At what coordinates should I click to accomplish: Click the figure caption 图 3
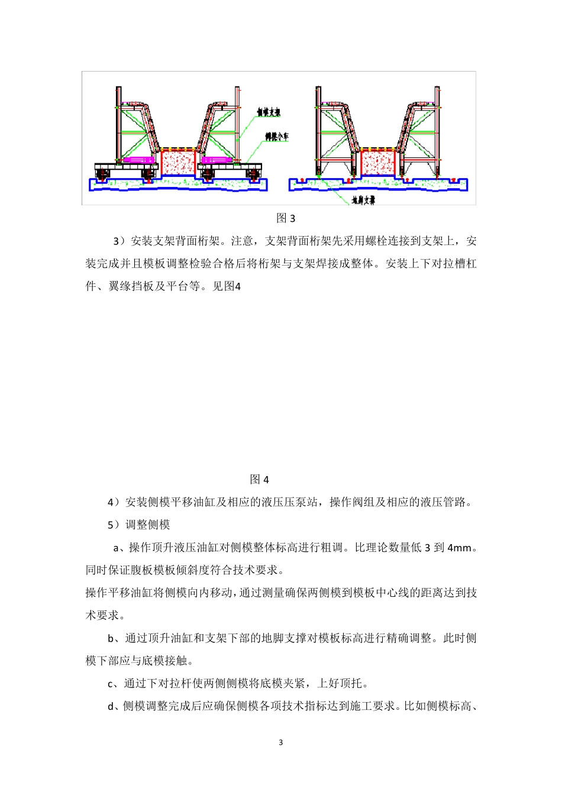tap(286, 218)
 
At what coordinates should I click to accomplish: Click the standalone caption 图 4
tap(260, 479)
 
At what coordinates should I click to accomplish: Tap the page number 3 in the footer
tap(281, 742)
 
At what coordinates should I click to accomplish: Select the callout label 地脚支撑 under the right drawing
tap(363, 201)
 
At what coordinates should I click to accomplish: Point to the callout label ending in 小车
tap(277, 137)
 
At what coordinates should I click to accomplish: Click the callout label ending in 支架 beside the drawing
tap(268, 112)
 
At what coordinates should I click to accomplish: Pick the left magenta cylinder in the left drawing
tap(138, 160)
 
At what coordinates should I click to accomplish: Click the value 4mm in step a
tap(460, 548)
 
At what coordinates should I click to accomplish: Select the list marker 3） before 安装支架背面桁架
tap(119, 241)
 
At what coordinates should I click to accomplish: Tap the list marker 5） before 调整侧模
tap(114, 525)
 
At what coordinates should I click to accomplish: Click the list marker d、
tap(114, 706)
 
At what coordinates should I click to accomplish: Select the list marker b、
tap(114, 638)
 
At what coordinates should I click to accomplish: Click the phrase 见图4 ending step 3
tap(227, 287)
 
